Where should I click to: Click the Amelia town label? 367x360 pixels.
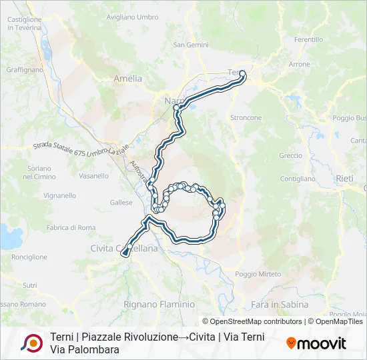(128, 78)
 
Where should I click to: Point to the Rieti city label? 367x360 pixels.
(345, 178)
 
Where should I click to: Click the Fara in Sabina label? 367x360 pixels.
(280, 305)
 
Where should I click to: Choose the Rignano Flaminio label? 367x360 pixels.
(159, 304)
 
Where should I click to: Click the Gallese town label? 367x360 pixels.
(121, 203)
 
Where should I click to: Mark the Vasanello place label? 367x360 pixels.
(93, 176)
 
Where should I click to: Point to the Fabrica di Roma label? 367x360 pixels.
(71, 228)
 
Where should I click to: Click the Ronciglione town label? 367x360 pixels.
(29, 257)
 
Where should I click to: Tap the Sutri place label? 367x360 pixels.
(30, 285)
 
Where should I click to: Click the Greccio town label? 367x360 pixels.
(291, 155)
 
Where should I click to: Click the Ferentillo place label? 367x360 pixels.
(308, 40)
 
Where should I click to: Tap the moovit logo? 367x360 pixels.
(316, 343)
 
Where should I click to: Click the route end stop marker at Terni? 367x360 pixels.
(242, 74)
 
